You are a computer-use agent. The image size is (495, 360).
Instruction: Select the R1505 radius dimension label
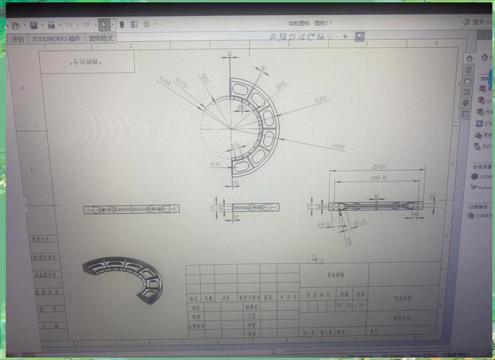(x=320, y=98)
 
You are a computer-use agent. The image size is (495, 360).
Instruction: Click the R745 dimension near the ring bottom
(x=215, y=164)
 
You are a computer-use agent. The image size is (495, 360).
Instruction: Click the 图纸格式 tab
(x=101, y=38)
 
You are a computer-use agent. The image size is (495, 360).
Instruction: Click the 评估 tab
(x=18, y=38)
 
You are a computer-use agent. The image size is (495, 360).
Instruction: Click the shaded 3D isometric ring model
(x=122, y=277)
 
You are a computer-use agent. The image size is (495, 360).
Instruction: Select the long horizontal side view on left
(x=131, y=210)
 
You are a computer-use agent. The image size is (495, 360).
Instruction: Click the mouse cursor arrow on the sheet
(x=314, y=258)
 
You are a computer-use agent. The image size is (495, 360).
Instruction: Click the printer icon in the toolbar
(x=52, y=24)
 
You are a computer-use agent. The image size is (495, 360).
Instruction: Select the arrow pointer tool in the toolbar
(x=105, y=24)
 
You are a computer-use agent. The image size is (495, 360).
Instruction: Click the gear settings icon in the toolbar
(x=147, y=24)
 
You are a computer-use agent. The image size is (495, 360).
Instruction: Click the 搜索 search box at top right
(x=478, y=22)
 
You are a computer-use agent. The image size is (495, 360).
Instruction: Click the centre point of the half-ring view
(x=230, y=127)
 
